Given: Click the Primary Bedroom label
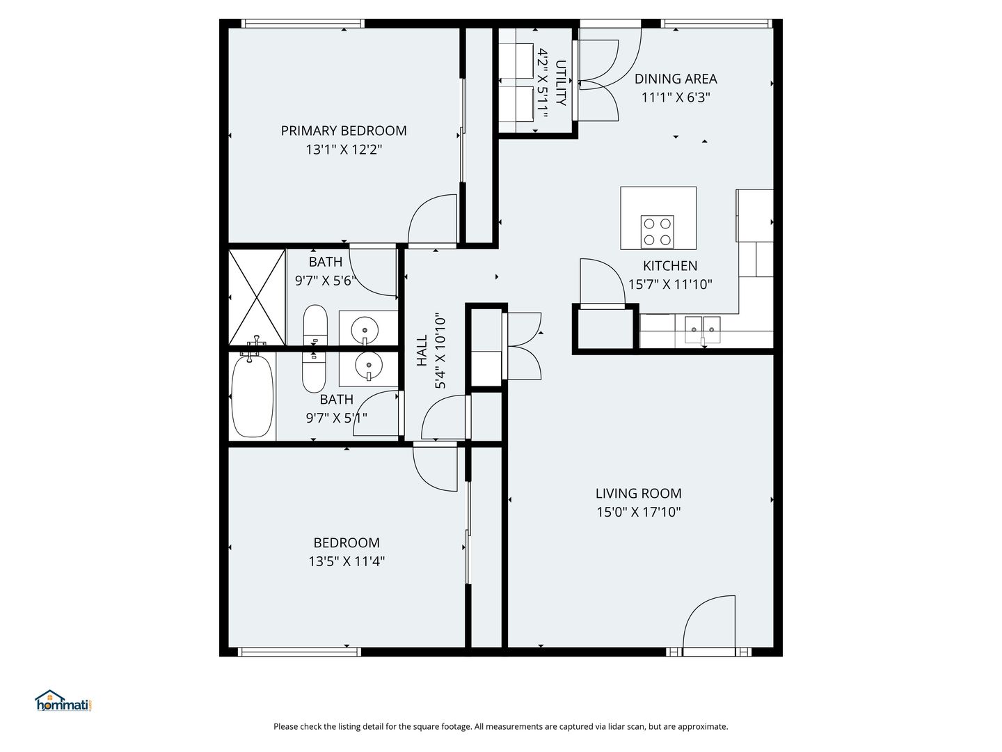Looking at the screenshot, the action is (343, 131).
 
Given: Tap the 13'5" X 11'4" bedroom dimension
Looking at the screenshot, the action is (347, 561).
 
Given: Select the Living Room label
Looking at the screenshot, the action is (638, 494).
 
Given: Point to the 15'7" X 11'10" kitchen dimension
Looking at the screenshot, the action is (670, 285).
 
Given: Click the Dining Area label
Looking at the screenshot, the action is (676, 79).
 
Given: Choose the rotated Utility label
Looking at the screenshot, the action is (561, 83).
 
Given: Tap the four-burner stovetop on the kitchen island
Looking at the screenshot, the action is (658, 231).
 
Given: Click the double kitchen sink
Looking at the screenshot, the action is (703, 329).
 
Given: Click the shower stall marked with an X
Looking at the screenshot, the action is (257, 297).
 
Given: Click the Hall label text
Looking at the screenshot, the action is (422, 350).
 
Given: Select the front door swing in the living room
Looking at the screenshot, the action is (709, 625).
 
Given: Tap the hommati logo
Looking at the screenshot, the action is (64, 700).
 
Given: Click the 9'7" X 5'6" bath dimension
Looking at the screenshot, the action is (324, 281).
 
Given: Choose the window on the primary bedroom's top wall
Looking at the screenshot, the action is (303, 23).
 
